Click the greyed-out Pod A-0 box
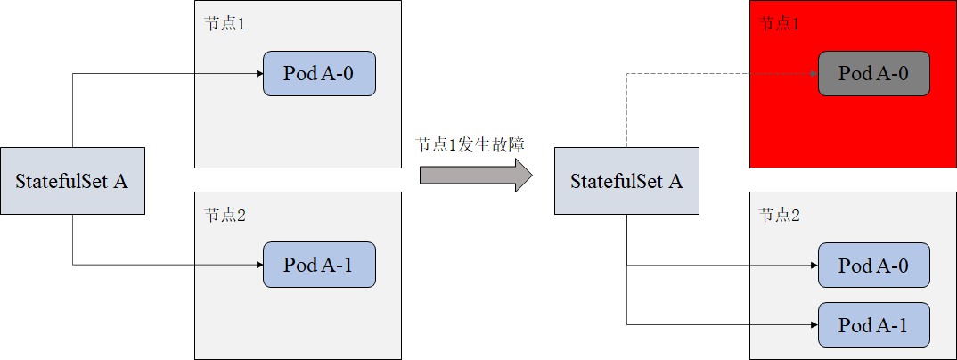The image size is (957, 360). tap(874, 74)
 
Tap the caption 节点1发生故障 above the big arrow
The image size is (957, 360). tap(470, 144)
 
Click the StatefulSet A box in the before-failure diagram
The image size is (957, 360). tap(72, 181)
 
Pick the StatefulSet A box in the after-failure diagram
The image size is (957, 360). tap(626, 181)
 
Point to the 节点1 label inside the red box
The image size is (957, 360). tap(779, 24)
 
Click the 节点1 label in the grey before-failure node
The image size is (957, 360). tap(224, 24)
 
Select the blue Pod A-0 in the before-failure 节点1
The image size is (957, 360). tap(319, 74)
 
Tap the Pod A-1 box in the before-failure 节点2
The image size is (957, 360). tap(319, 265)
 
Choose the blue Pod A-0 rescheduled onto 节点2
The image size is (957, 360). tap(874, 266)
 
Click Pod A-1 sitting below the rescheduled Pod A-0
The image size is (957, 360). tap(874, 325)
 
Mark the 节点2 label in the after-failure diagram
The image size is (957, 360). tap(779, 215)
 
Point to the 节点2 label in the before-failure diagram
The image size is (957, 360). tap(224, 215)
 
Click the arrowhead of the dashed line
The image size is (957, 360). tap(814, 74)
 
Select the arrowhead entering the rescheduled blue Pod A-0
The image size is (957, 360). tap(814, 266)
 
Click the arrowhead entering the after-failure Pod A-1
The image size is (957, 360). tap(814, 325)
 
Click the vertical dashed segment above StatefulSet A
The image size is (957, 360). tap(626, 111)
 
